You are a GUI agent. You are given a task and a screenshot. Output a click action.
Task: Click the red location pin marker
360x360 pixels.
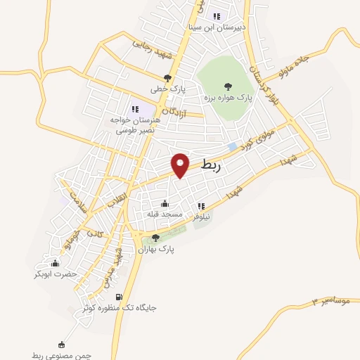[181, 165]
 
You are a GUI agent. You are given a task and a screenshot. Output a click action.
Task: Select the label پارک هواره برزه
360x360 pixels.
[227, 96]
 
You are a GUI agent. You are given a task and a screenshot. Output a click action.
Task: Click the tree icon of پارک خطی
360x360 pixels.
[167, 78]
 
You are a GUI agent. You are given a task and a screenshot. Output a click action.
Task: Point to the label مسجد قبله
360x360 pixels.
[165, 213]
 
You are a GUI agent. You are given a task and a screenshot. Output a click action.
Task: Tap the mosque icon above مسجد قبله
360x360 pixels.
[165, 204]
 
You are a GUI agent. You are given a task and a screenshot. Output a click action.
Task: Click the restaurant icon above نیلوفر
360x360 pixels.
[202, 206]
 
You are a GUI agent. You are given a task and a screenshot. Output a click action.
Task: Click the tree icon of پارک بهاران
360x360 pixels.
[155, 238]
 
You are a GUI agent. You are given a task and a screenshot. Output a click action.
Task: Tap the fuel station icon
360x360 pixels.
[118, 297]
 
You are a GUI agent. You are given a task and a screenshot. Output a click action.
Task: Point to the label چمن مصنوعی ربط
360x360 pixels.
[62, 355]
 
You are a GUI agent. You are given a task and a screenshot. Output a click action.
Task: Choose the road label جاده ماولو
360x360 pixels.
[319, 58]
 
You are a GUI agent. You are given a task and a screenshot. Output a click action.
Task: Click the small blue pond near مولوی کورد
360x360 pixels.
[232, 146]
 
